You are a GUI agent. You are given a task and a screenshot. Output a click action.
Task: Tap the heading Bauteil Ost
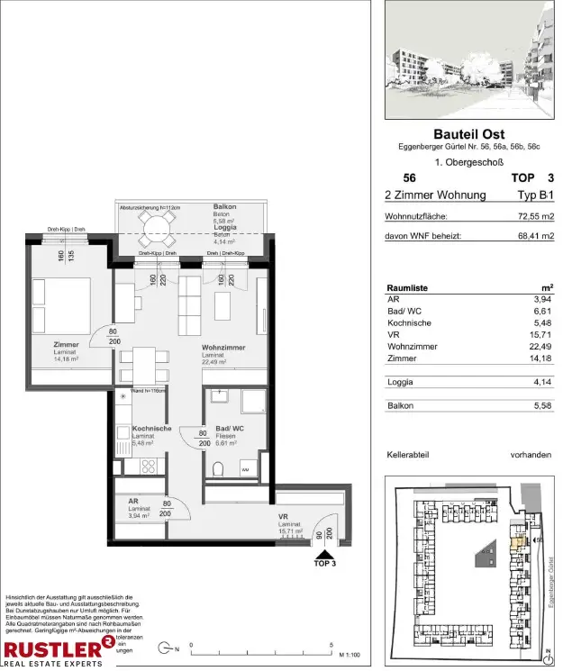[468, 135]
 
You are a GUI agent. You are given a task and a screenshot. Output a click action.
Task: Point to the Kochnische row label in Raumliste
[408, 322]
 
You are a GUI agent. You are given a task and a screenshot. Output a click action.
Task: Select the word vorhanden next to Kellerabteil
[531, 455]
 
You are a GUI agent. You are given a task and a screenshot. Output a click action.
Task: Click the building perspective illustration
[468, 61]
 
